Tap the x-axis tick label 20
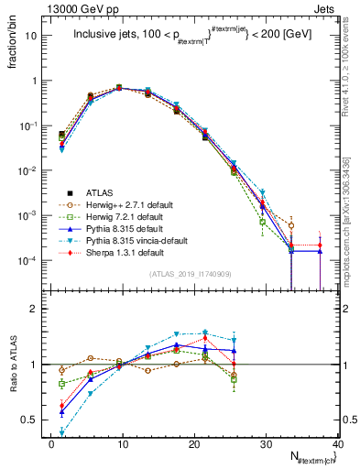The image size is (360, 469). pos(194,444)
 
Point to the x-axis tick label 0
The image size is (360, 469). pos(52,444)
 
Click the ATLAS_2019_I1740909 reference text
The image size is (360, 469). pos(190,274)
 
